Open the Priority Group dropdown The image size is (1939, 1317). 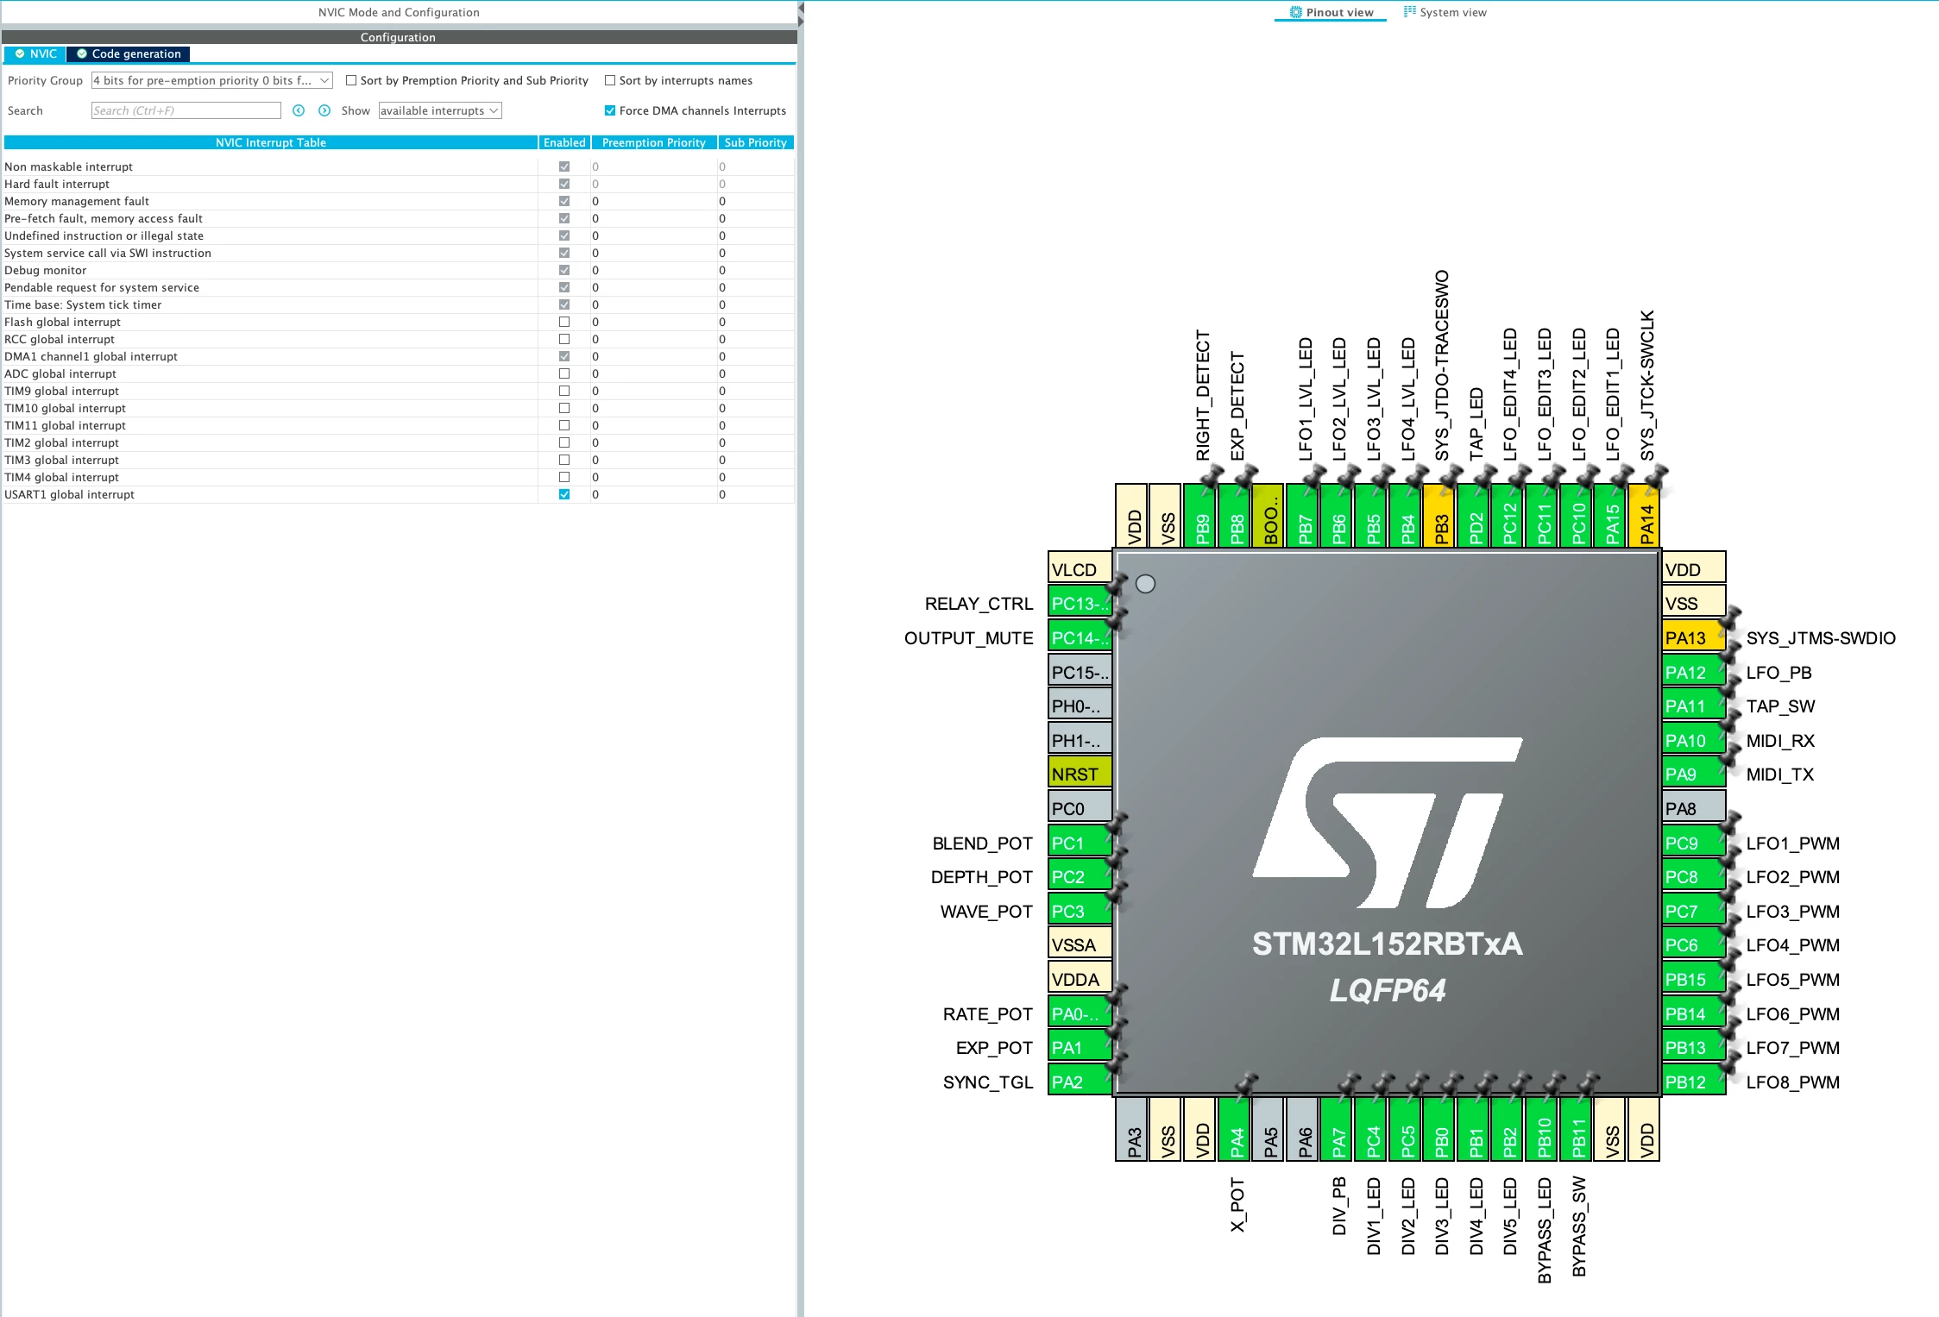tap(211, 80)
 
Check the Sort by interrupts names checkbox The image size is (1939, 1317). tap(610, 80)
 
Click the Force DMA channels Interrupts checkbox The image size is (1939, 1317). tap(610, 110)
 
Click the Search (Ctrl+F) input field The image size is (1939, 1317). tap(186, 110)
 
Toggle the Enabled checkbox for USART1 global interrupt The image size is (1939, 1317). tap(564, 494)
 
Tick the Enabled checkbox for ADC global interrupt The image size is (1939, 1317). tap(564, 373)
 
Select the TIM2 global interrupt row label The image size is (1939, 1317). tap(61, 442)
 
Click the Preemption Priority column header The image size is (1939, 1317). tap(654, 142)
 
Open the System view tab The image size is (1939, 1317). tap(1445, 12)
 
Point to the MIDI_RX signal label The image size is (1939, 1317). tap(1780, 740)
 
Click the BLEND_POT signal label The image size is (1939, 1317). tap(982, 843)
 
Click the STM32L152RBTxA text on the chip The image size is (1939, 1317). tap(1388, 944)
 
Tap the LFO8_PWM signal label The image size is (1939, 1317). tap(1793, 1082)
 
